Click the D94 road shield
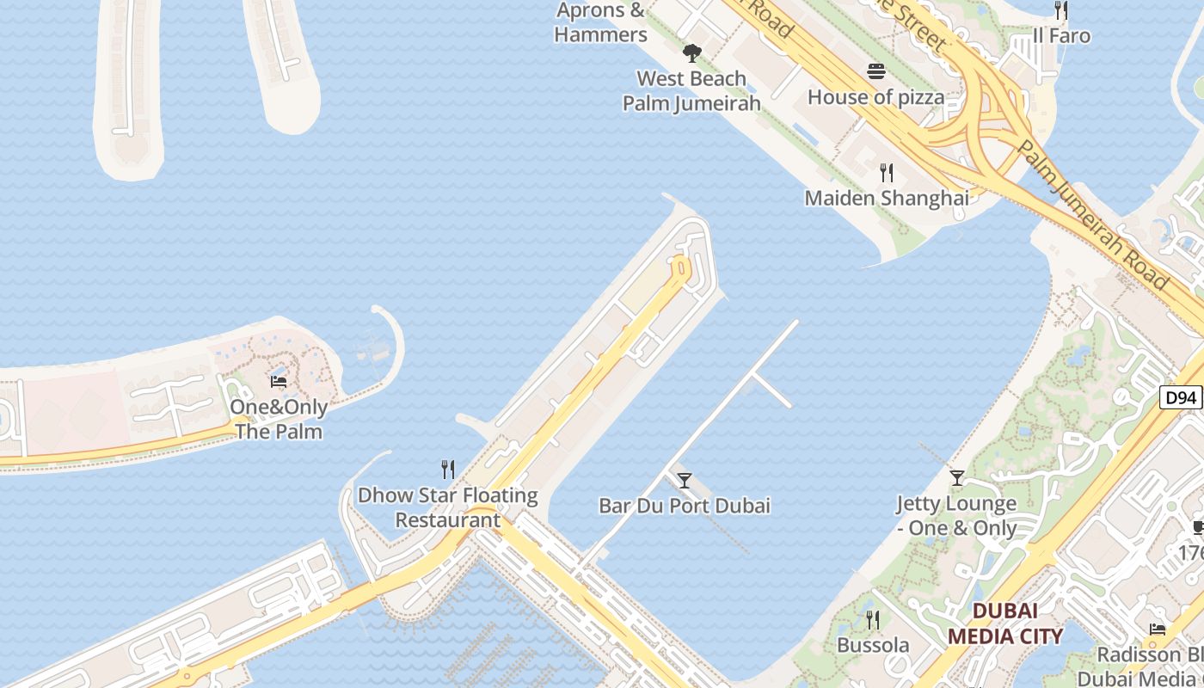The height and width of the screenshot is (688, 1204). [1181, 397]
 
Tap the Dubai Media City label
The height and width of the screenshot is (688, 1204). [1004, 623]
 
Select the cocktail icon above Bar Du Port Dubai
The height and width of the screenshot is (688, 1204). [685, 481]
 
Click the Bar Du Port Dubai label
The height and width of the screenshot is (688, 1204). [685, 506]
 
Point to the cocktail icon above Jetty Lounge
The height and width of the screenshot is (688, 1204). [956, 478]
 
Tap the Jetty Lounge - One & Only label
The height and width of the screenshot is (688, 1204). [956, 516]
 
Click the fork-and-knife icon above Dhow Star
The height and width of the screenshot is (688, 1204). [448, 470]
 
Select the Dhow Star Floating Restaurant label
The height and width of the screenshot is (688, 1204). [448, 507]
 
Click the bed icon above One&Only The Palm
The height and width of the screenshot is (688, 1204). [279, 382]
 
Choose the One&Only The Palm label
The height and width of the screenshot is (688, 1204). [279, 419]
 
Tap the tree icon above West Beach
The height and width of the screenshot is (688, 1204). [691, 53]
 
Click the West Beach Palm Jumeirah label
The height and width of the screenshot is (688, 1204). [691, 91]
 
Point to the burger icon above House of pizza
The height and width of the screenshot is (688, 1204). [876, 71]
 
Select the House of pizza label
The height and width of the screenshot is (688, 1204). [876, 97]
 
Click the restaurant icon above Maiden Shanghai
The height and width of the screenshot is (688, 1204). [887, 173]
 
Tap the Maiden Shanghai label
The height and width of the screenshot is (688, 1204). [887, 198]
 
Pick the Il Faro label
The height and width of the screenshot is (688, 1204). [1061, 36]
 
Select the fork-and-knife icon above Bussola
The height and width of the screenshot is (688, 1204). [873, 620]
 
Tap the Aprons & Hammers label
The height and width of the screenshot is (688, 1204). [600, 23]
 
